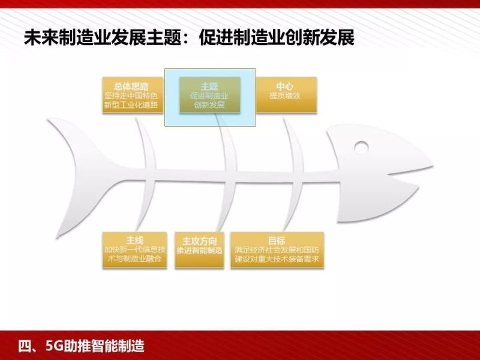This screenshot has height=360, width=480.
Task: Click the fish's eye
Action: pos(361,146)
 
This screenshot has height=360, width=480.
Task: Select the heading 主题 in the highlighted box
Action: pos(209,86)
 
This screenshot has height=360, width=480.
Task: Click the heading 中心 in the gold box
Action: pos(285,85)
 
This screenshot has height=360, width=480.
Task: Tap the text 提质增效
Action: pos(285,95)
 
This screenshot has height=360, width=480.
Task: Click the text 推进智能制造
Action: pos(199,250)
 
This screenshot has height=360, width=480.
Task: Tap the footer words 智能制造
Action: pos(122,346)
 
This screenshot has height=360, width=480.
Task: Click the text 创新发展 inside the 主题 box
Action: pos(209,105)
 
